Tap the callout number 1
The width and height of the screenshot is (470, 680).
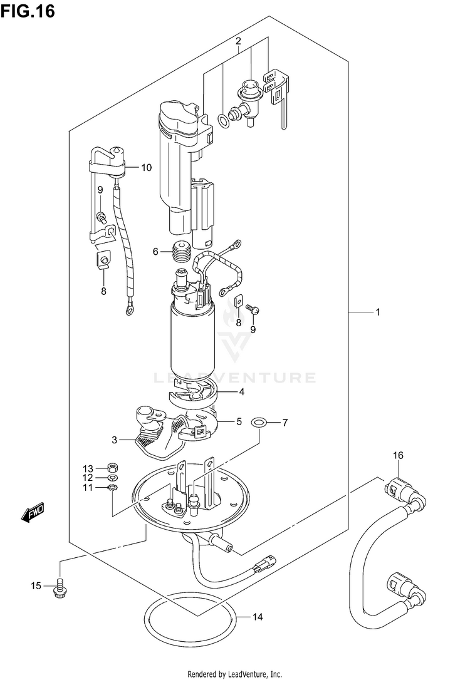tap(378, 311)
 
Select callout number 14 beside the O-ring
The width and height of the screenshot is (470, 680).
tap(257, 617)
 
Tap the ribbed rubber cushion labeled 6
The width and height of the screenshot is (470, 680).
tap(180, 253)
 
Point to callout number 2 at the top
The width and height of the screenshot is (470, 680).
tap(238, 41)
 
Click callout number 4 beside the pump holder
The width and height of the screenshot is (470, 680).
tap(241, 393)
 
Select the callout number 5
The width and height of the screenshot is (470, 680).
tap(239, 421)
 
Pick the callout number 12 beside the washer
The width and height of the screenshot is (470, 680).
tap(88, 478)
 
